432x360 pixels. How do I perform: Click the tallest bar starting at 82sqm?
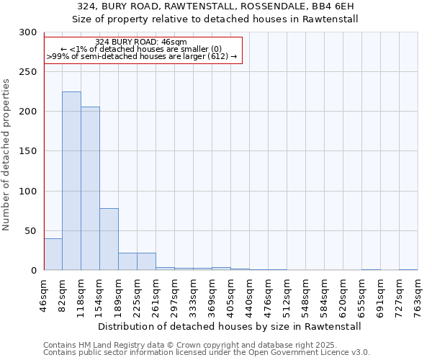pyautogui.click(x=71, y=181)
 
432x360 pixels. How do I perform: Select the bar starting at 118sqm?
pyautogui.click(x=90, y=189)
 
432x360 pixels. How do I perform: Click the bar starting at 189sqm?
pyautogui.click(x=127, y=261)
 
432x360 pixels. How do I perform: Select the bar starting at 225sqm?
pyautogui.click(x=146, y=261)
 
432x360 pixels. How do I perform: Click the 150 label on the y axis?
pyautogui.click(x=28, y=151)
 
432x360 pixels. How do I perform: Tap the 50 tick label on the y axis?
pyautogui.click(x=31, y=231)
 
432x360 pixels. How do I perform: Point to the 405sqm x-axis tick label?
pyautogui.click(x=231, y=295)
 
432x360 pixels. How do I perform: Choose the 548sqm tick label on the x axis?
pyautogui.click(x=306, y=295)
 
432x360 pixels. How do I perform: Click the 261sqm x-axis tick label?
pyautogui.click(x=156, y=295)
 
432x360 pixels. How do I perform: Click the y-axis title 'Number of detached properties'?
pyautogui.click(x=6, y=155)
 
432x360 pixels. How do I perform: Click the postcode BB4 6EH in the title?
pyautogui.click(x=332, y=6)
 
